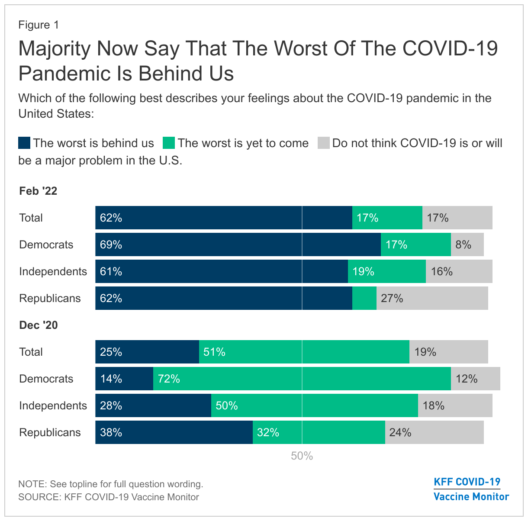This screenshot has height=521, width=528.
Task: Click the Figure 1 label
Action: click(x=39, y=25)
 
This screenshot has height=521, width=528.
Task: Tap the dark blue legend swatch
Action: click(x=24, y=143)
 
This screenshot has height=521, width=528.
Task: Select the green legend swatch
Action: click(x=169, y=143)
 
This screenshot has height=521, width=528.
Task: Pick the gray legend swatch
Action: click(x=324, y=143)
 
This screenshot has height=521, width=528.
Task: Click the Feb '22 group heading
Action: click(x=38, y=191)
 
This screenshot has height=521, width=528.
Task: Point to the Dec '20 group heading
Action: click(x=39, y=325)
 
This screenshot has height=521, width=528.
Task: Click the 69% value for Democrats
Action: click(x=111, y=245)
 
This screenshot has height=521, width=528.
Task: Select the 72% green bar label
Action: click(x=169, y=379)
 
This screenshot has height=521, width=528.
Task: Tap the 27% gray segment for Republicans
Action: click(x=432, y=299)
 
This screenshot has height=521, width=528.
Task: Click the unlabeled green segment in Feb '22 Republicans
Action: click(x=364, y=299)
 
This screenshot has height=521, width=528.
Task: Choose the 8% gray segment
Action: click(x=467, y=245)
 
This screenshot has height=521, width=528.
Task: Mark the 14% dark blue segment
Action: click(x=124, y=379)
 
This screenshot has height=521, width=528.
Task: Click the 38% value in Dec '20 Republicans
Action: click(x=111, y=433)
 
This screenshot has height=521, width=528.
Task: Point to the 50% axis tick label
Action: click(x=302, y=456)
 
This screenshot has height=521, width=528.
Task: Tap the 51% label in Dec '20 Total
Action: click(x=215, y=352)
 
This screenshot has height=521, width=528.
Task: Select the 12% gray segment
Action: click(x=475, y=379)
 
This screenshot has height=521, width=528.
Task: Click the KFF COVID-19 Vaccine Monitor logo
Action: click(x=471, y=489)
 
